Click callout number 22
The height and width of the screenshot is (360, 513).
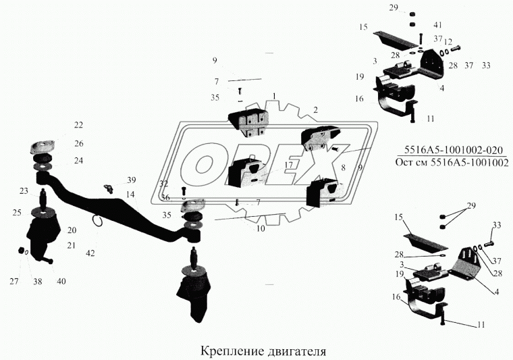click(79, 125)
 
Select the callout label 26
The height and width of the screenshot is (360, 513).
click(79, 143)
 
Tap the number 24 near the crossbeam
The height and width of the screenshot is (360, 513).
click(79, 161)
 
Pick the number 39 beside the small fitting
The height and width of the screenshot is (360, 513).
click(131, 180)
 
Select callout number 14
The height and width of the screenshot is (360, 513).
click(130, 194)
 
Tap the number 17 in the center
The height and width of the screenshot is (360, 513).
click(288, 165)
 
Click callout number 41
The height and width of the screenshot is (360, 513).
click(428, 24)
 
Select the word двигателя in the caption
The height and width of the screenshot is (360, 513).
click(294, 351)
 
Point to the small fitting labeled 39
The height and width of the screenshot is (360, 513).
click(108, 186)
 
